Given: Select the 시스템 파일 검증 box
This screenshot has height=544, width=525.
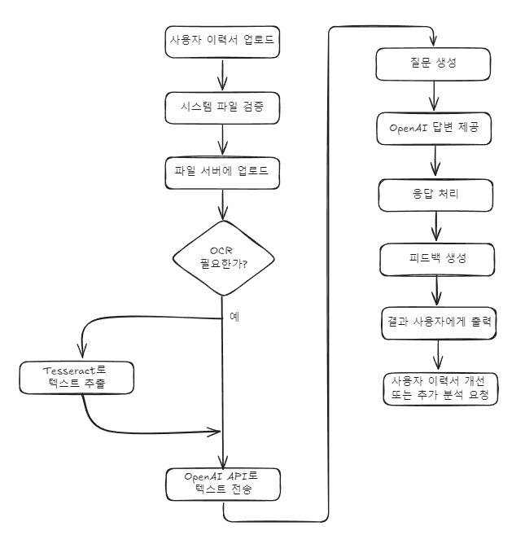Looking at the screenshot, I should click(x=222, y=107).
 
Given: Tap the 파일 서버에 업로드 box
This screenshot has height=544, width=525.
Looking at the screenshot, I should click(x=222, y=173).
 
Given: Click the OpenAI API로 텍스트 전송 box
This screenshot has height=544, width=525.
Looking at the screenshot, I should click(x=222, y=485).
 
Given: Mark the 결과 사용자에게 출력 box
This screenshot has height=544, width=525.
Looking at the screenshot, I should click(x=440, y=322).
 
